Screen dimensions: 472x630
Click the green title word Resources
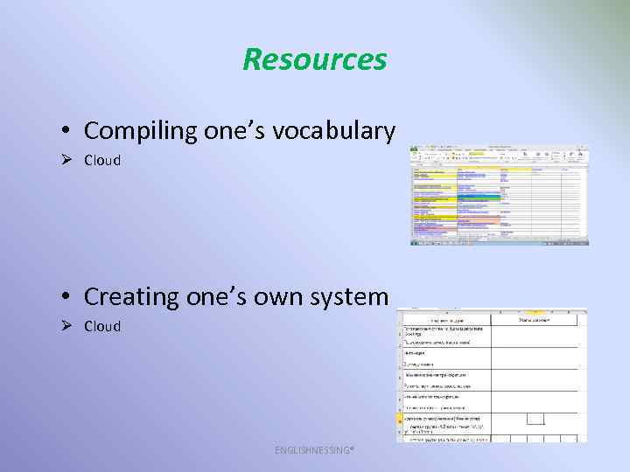314,59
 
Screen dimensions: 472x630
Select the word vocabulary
340,131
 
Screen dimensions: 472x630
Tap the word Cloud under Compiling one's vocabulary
102,161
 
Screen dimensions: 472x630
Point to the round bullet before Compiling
66,132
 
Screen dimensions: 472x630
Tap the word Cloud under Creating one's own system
102,326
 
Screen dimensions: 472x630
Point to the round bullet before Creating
66,297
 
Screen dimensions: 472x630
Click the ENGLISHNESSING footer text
314,450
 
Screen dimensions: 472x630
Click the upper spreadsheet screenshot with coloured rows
499,195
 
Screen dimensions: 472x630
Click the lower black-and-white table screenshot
491,376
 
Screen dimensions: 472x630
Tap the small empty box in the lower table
535,419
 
